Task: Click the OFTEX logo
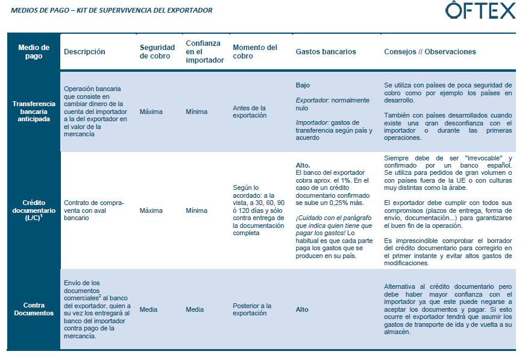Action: click(x=480, y=11)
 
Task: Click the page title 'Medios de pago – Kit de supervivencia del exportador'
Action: click(x=112, y=10)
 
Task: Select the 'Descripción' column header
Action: click(x=84, y=52)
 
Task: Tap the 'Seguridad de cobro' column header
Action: click(x=157, y=52)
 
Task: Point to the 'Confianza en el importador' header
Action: click(x=204, y=52)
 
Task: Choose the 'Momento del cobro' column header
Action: click(x=255, y=52)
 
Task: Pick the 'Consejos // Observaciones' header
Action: click(x=430, y=52)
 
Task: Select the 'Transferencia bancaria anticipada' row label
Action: click(x=34, y=112)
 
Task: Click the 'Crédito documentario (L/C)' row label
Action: click(x=34, y=210)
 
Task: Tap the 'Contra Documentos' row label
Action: click(x=34, y=309)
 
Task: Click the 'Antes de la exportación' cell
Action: click(x=250, y=112)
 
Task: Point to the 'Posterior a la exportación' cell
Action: click(x=252, y=309)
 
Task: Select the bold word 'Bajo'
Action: click(x=303, y=86)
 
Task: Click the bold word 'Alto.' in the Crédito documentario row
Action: click(x=303, y=165)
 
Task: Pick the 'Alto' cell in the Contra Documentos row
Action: click(x=302, y=309)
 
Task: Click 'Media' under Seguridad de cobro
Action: click(x=148, y=309)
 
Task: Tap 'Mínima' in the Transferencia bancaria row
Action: click(x=196, y=112)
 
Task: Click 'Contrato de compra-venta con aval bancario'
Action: click(x=93, y=210)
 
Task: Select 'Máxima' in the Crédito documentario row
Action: click(x=151, y=210)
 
